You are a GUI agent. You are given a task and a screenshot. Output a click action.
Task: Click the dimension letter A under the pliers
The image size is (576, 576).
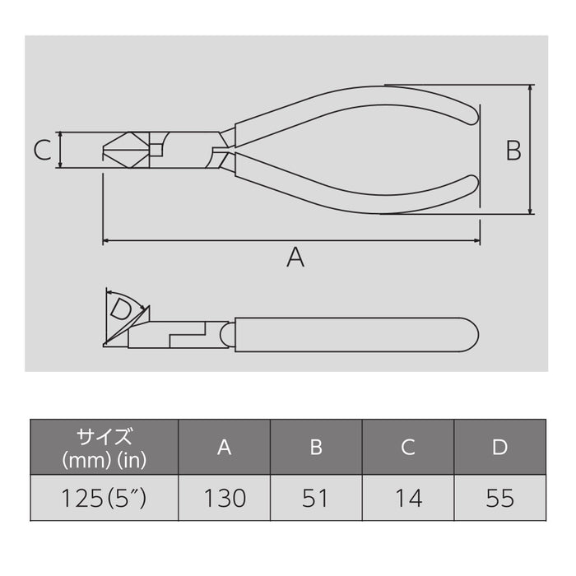tap(295, 258)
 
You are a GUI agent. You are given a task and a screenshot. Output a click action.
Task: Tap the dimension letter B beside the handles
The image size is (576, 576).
tap(513, 150)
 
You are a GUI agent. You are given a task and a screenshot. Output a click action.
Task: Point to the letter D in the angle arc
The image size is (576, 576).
tap(121, 310)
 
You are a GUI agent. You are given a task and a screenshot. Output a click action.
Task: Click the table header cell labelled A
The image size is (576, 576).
tap(224, 447)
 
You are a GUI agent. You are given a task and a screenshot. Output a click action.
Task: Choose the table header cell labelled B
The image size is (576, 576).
tap(316, 447)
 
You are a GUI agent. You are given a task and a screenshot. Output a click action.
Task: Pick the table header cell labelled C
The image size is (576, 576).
tap(408, 447)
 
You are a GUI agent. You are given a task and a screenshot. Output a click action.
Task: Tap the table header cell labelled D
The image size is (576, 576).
tap(499, 447)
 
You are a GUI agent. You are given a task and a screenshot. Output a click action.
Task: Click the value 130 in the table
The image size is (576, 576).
tap(224, 498)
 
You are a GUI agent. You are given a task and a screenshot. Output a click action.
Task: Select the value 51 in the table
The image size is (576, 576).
tap(316, 498)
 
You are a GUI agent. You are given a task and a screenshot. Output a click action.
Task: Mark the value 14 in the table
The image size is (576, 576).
tap(408, 498)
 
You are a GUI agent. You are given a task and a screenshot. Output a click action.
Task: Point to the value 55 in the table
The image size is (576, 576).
tap(499, 498)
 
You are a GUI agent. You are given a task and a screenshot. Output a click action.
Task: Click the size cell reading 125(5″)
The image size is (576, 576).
tap(105, 498)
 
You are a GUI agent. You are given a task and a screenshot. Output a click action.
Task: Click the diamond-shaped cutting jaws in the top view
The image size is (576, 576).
tap(123, 150)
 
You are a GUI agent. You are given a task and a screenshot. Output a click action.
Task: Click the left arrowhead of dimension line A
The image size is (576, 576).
tap(106, 242)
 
